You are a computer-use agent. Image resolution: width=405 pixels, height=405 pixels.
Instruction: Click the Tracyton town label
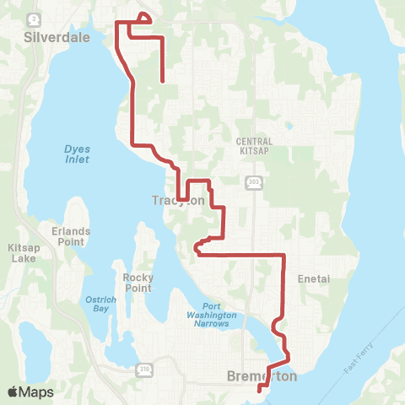point(178,201)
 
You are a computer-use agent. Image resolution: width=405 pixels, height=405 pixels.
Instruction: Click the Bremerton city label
point(262,377)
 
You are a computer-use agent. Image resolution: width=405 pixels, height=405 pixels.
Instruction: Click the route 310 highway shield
point(144,369)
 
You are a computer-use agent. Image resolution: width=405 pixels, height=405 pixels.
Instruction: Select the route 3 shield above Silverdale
point(34,19)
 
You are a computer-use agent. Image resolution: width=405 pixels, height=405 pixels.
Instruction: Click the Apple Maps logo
point(30,391)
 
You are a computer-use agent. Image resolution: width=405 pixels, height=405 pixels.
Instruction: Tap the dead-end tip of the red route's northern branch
point(161,82)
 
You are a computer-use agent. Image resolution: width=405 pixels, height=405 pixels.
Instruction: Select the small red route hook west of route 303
point(198,247)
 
